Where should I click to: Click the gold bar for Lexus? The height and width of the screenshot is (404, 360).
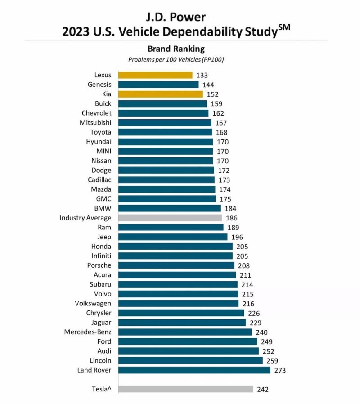pos(155,75)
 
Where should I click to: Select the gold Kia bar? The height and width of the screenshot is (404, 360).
pos(161,94)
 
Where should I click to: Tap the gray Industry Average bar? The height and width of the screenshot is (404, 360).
pos(170,218)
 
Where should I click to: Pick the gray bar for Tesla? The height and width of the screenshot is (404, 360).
pos(186,389)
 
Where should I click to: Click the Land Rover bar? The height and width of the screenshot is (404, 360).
pos(194,370)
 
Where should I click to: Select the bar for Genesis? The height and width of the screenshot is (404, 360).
pos(158,85)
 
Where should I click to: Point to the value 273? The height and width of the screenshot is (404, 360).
pos(280,370)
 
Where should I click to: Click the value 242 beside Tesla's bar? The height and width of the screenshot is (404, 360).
pos(263,389)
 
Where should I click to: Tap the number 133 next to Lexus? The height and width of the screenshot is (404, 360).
pos(202,75)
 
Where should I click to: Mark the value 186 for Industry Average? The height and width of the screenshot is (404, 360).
pos(232,218)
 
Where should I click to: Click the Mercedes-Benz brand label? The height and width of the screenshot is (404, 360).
pos(88,332)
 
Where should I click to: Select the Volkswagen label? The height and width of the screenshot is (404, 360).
pos(93,304)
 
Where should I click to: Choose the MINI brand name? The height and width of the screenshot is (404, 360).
pos(104,151)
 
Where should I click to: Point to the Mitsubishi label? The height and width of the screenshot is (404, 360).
pos(95,123)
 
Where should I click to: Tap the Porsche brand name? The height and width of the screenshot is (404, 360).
pos(99,265)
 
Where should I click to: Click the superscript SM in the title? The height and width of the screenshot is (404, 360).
pos(284,27)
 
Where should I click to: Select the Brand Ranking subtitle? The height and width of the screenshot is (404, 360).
pos(176,49)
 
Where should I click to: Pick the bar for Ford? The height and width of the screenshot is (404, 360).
pos(188,341)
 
